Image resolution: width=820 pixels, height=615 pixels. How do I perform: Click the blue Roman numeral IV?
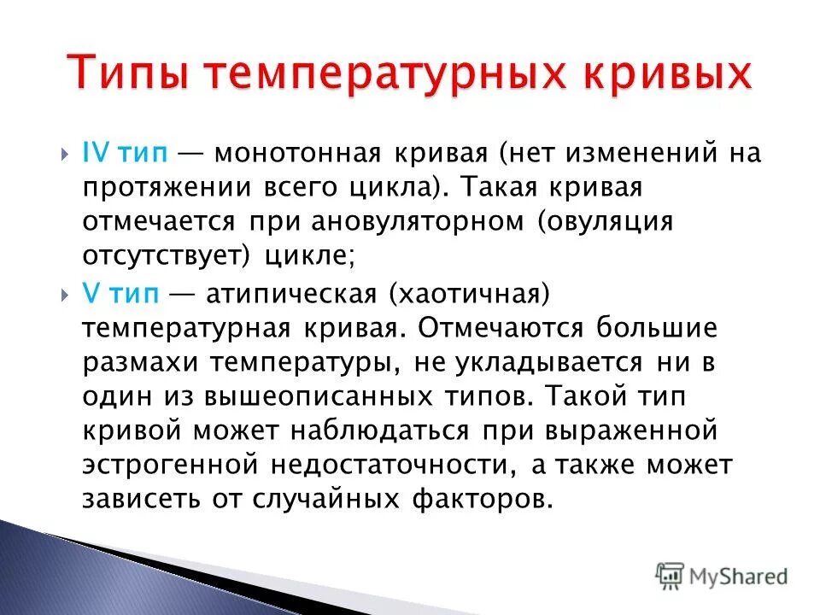click(95, 155)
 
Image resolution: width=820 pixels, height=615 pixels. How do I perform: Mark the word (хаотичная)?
click(466, 294)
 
